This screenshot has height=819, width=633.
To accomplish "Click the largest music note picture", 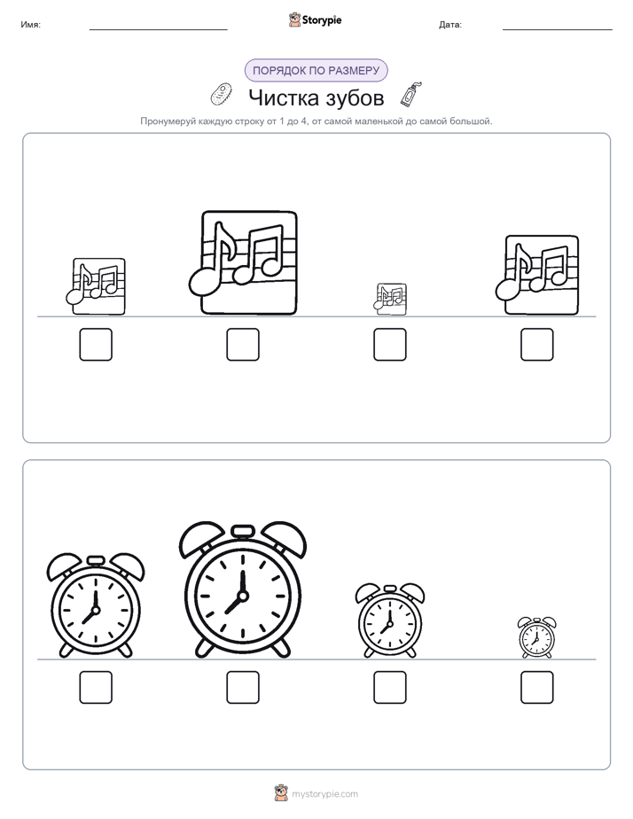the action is coord(244,262).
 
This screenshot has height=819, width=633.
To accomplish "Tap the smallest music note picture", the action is coord(390,300).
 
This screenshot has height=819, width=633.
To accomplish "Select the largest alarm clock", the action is coord(242,589).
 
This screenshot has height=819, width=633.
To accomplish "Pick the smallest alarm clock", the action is coord(537,636).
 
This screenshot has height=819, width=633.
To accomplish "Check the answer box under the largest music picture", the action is coord(243,344).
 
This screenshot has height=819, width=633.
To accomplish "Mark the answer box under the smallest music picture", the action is coord(390,344).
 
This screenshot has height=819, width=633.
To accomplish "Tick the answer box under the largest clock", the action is coord(243,688).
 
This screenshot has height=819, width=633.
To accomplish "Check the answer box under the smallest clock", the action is coord(537,688).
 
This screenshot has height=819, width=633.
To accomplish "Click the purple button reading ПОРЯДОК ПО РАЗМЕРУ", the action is coord(316,71).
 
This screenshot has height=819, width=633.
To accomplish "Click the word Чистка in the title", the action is coord(284,97).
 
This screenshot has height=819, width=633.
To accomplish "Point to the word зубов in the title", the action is coord(356,98).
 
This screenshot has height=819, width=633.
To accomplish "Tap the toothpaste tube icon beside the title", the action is coord(411,94).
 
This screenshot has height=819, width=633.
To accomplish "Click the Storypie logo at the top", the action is coord(315,19).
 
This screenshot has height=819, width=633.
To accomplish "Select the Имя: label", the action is coord(30,25).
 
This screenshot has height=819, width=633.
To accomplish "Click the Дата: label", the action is coord(450,25).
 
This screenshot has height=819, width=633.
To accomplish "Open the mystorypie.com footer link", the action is coord(324,794).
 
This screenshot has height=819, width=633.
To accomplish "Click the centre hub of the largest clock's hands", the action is coord(242,596).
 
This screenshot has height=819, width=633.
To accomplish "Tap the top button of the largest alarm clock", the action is coord(242,532).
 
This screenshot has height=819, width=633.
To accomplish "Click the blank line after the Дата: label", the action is coord(558,29).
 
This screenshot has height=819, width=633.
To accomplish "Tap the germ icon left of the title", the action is coord(221,94).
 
